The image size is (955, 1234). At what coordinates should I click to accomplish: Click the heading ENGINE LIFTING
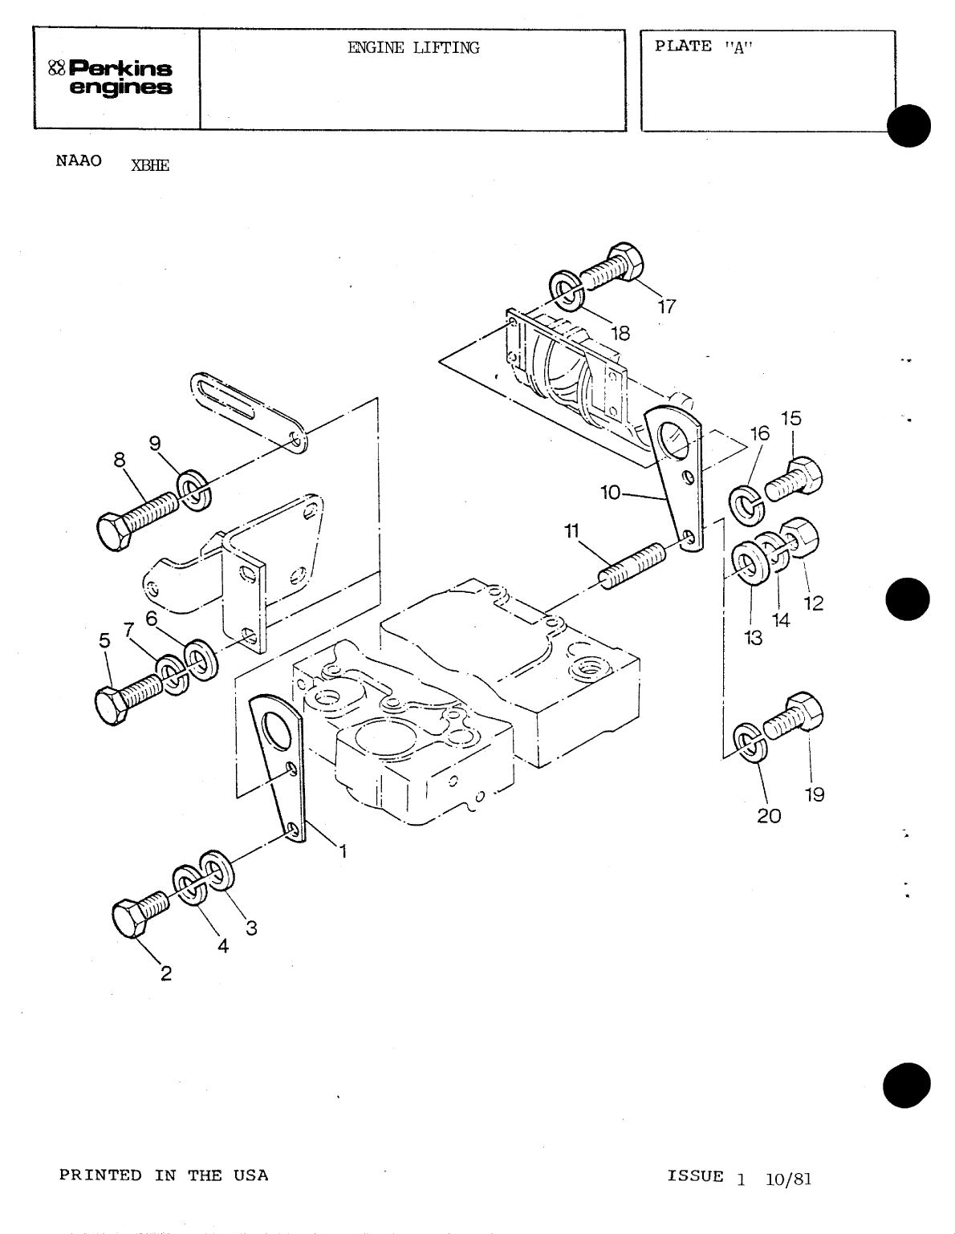[x=413, y=48]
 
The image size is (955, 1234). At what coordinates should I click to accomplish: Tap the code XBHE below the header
[x=149, y=166]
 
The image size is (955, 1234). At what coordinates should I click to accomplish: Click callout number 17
[x=667, y=306]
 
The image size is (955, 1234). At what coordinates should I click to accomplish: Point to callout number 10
[x=611, y=493]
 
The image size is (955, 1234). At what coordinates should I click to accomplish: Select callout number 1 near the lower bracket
[x=343, y=852]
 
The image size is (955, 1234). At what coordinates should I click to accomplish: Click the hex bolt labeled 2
[x=140, y=915]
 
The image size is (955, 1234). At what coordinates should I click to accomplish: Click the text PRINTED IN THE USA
[x=164, y=1175]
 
